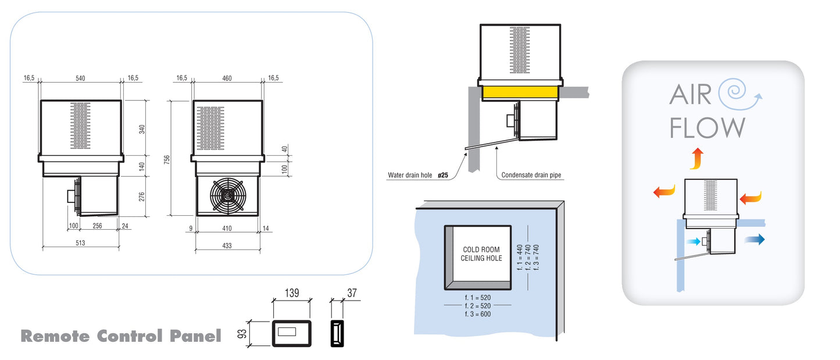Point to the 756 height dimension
(167, 158)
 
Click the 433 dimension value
(227, 246)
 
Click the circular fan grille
(227, 196)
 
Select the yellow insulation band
(520, 92)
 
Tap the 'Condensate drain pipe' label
(531, 175)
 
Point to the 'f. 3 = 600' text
(478, 314)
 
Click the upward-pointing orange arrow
(696, 158)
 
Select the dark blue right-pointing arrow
(755, 238)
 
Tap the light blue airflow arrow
(693, 241)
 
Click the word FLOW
(707, 127)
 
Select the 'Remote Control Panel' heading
(121, 336)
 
